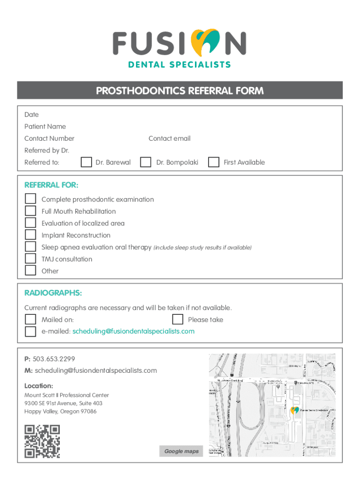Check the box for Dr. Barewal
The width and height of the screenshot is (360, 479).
click(x=86, y=162)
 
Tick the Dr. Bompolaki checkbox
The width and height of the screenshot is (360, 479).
click(x=146, y=162)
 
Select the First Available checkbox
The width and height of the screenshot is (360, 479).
click(x=214, y=162)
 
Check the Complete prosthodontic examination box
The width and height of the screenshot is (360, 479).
click(x=30, y=199)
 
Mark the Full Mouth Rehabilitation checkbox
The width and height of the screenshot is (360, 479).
click(x=30, y=211)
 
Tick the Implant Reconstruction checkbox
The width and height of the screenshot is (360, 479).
click(x=30, y=235)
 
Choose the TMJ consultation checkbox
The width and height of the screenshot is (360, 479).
click(x=30, y=259)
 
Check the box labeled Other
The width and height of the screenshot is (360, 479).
click(x=30, y=270)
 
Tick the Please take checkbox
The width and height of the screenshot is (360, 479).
click(x=177, y=319)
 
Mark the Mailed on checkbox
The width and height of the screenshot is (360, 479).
click(x=30, y=319)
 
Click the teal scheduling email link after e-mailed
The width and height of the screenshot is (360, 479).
click(x=133, y=331)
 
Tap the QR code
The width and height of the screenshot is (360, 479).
click(x=42, y=441)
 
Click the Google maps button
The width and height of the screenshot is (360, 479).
click(x=181, y=451)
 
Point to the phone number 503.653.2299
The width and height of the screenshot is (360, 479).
click(x=54, y=359)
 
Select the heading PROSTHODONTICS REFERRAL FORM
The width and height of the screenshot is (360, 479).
click(x=180, y=91)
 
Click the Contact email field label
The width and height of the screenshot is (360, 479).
click(x=169, y=138)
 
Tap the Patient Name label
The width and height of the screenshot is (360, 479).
click(x=45, y=126)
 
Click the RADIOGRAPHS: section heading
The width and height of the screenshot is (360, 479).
click(x=53, y=293)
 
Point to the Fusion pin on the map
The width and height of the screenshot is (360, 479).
click(x=295, y=411)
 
